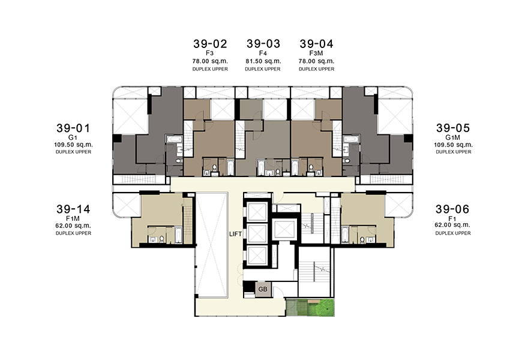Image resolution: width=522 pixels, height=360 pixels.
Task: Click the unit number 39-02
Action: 210,44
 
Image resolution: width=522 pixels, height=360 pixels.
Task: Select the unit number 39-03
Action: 263,44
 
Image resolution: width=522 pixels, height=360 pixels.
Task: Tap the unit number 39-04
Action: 316,44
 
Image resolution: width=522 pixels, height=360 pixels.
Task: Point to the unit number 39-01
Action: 73,128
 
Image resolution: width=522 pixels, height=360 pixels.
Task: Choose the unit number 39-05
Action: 453,128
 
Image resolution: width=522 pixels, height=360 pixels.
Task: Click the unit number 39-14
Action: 73,209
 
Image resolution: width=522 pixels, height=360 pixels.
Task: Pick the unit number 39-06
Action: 452,209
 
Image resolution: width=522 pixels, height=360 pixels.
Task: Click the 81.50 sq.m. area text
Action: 263,61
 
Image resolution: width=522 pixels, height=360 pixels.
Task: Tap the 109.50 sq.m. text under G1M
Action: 453,145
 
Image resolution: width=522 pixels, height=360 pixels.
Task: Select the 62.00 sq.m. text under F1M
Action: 73,226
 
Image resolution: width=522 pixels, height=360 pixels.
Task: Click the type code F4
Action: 263,53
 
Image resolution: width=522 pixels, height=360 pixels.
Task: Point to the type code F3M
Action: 316,53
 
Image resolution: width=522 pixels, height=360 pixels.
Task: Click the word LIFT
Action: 235,234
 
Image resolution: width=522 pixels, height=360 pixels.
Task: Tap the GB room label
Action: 263,289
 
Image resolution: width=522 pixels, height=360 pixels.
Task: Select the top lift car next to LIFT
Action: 257,211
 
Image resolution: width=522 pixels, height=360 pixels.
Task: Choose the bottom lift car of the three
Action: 257,256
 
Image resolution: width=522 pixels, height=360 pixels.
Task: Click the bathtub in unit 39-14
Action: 178,235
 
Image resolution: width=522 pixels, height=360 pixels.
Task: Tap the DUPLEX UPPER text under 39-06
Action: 453,233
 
